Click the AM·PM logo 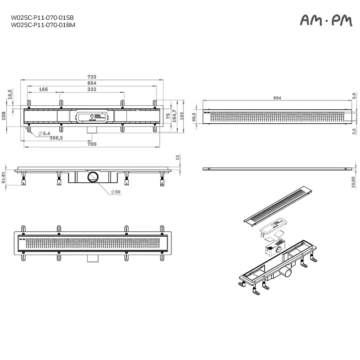tap(325, 20)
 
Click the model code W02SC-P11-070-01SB tap(42, 18)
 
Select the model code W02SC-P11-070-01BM tap(43, 25)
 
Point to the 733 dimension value tap(92, 77)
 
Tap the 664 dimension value tap(92, 83)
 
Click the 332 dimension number tap(92, 90)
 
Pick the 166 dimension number tap(43, 90)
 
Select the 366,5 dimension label tap(56, 138)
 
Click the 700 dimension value tap(92, 144)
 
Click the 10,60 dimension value tap(354, 181)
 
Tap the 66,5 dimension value tap(194, 117)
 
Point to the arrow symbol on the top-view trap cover tap(91, 116)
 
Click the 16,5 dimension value tap(10, 94)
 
